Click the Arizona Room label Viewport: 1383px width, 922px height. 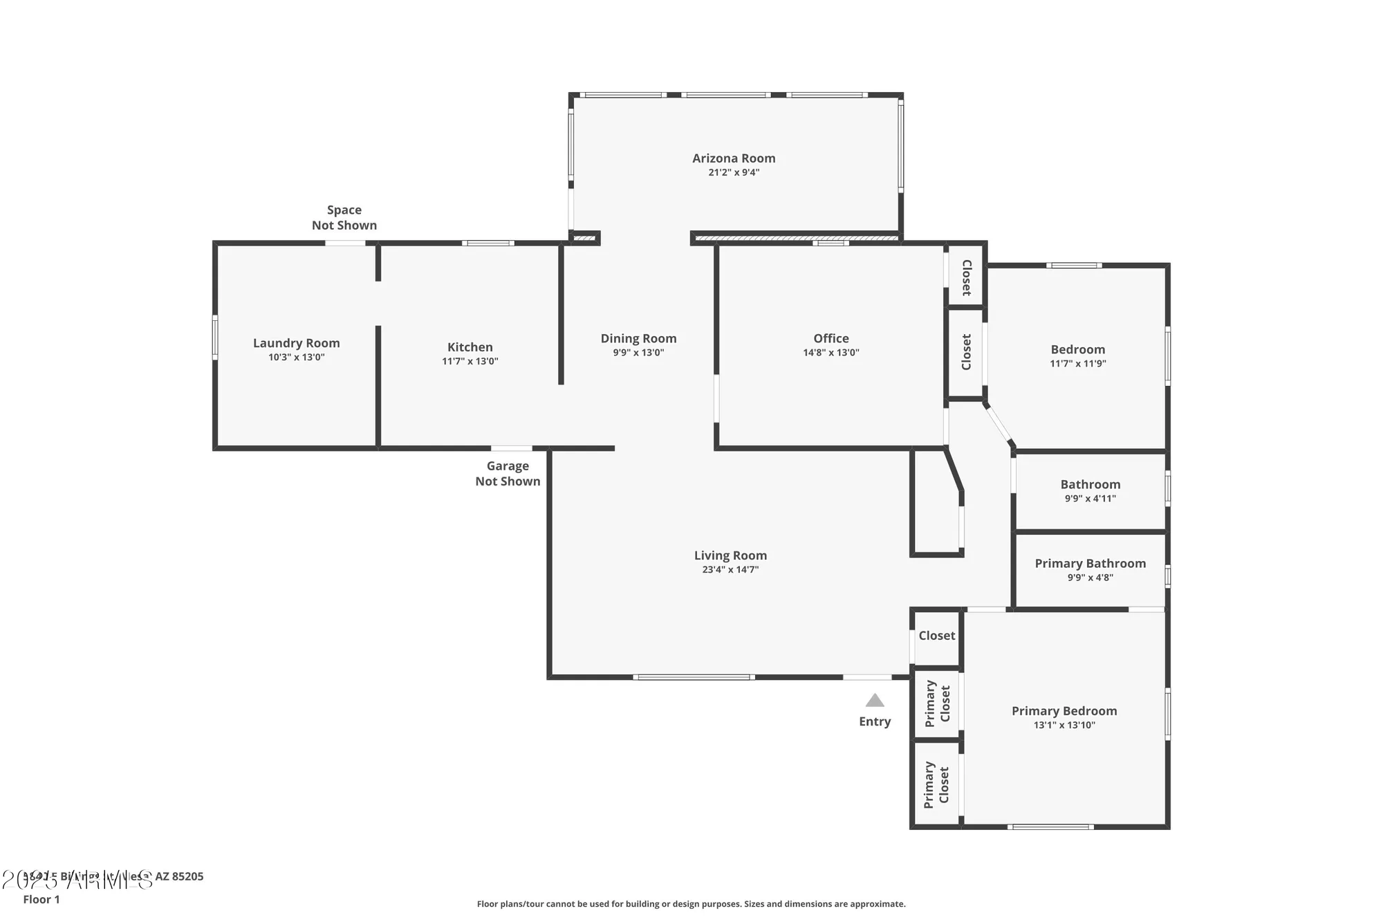pyautogui.click(x=734, y=158)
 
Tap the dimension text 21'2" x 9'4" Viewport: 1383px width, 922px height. pyautogui.click(x=734, y=172)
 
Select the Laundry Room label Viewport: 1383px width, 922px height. pyautogui.click(x=296, y=343)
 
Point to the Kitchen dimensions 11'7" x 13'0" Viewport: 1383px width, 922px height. pyautogui.click(x=470, y=361)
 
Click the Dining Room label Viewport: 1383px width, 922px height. pyautogui.click(x=638, y=338)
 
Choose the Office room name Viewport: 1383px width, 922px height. pyautogui.click(x=830, y=338)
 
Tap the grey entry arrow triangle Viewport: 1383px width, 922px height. pyautogui.click(x=875, y=701)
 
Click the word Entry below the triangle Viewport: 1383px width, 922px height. pyautogui.click(x=875, y=721)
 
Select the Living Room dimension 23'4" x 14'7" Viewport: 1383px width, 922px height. pyautogui.click(x=730, y=570)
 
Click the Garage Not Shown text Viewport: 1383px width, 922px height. pyautogui.click(x=508, y=474)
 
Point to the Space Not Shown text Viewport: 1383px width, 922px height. pyautogui.click(x=344, y=217)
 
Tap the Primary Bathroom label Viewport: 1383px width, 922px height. pyautogui.click(x=1090, y=564)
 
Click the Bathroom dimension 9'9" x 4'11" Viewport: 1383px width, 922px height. pyautogui.click(x=1090, y=499)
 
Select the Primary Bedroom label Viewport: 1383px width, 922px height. pyautogui.click(x=1064, y=711)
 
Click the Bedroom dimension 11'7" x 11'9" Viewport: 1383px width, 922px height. pyautogui.click(x=1077, y=364)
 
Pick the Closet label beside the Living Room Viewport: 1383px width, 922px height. pyautogui.click(x=936, y=636)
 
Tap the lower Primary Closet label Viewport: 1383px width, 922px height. pyautogui.click(x=936, y=785)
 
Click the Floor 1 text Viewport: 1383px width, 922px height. pyautogui.click(x=41, y=899)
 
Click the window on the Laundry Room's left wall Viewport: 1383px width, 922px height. pyautogui.click(x=215, y=338)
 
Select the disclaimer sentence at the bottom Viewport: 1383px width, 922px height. pyautogui.click(x=691, y=904)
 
